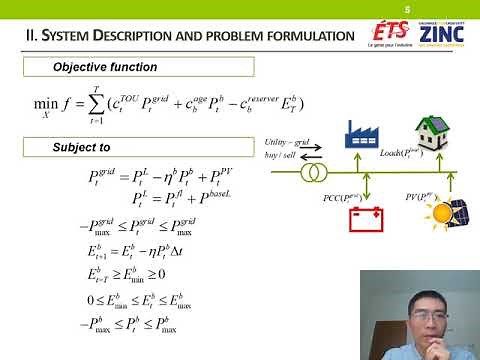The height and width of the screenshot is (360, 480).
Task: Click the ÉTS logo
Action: (x=385, y=34)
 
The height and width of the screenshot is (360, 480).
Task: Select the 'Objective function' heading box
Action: (x=140, y=67)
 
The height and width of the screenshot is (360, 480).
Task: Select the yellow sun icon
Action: (x=436, y=214)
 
